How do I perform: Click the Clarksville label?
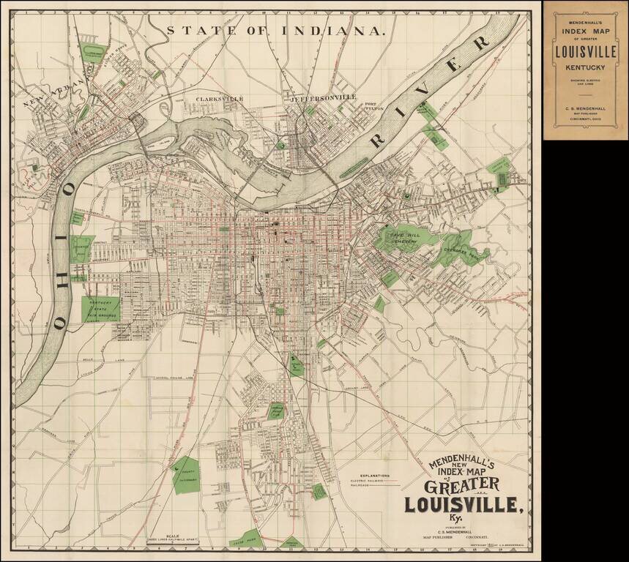[x=218, y=99]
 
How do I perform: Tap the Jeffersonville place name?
[x=323, y=97]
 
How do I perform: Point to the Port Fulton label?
[x=373, y=108]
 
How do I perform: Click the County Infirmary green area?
[x=185, y=475]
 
